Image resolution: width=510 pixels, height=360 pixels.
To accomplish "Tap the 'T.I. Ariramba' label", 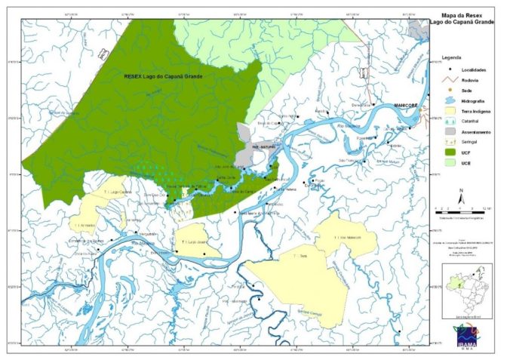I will (x=84, y=225).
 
